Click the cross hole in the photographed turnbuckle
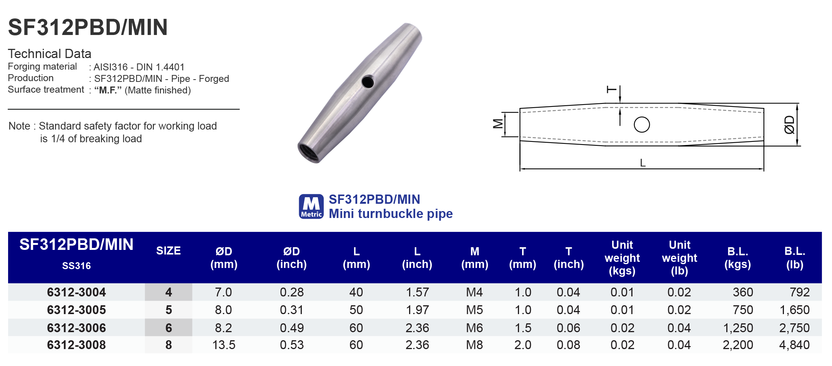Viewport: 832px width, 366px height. pos(368,82)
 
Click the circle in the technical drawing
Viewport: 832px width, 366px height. pos(642,125)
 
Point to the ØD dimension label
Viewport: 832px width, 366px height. pos(789,125)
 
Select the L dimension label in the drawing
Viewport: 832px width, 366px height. pos(642,163)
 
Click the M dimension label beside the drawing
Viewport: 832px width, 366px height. pos(498,124)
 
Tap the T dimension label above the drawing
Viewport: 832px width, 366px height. pos(611,90)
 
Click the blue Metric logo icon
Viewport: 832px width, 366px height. pos(311,206)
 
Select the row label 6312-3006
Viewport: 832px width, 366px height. pos(76,328)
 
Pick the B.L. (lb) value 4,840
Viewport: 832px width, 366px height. pos(794,345)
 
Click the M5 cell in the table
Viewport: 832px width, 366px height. pos(474,310)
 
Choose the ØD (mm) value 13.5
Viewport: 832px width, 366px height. pos(223,345)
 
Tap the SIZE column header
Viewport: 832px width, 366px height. pos(168,251)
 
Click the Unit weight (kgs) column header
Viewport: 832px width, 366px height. pos(622,258)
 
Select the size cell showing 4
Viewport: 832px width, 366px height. pos(168,292)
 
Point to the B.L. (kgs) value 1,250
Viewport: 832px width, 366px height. pos(737,328)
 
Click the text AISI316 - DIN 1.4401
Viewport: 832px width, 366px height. pos(139,67)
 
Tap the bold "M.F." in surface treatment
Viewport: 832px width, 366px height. pos(108,90)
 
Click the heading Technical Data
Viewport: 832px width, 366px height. pos(50,53)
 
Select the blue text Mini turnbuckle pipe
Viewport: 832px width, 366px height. pos(390,214)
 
